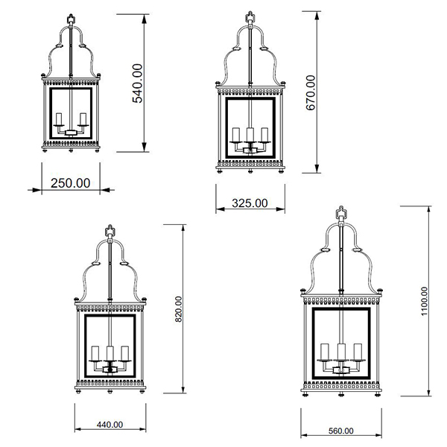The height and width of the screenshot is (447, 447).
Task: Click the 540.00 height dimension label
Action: tap(137, 83)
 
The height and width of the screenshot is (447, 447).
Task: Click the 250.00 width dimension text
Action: tap(71, 183)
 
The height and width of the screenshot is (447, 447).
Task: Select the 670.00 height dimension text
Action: tap(311, 92)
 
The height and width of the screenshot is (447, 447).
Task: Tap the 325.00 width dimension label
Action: tap(250, 203)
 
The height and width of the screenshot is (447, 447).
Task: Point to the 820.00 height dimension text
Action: tap(179, 309)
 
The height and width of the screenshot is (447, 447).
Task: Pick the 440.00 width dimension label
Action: tap(110, 425)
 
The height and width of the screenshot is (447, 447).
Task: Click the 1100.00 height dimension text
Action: tap(425, 301)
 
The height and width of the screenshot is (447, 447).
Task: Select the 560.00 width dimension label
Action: tap(341, 431)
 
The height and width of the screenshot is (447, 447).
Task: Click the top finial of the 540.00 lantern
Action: tap(71, 19)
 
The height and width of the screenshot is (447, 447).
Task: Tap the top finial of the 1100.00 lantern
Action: tap(341, 212)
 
